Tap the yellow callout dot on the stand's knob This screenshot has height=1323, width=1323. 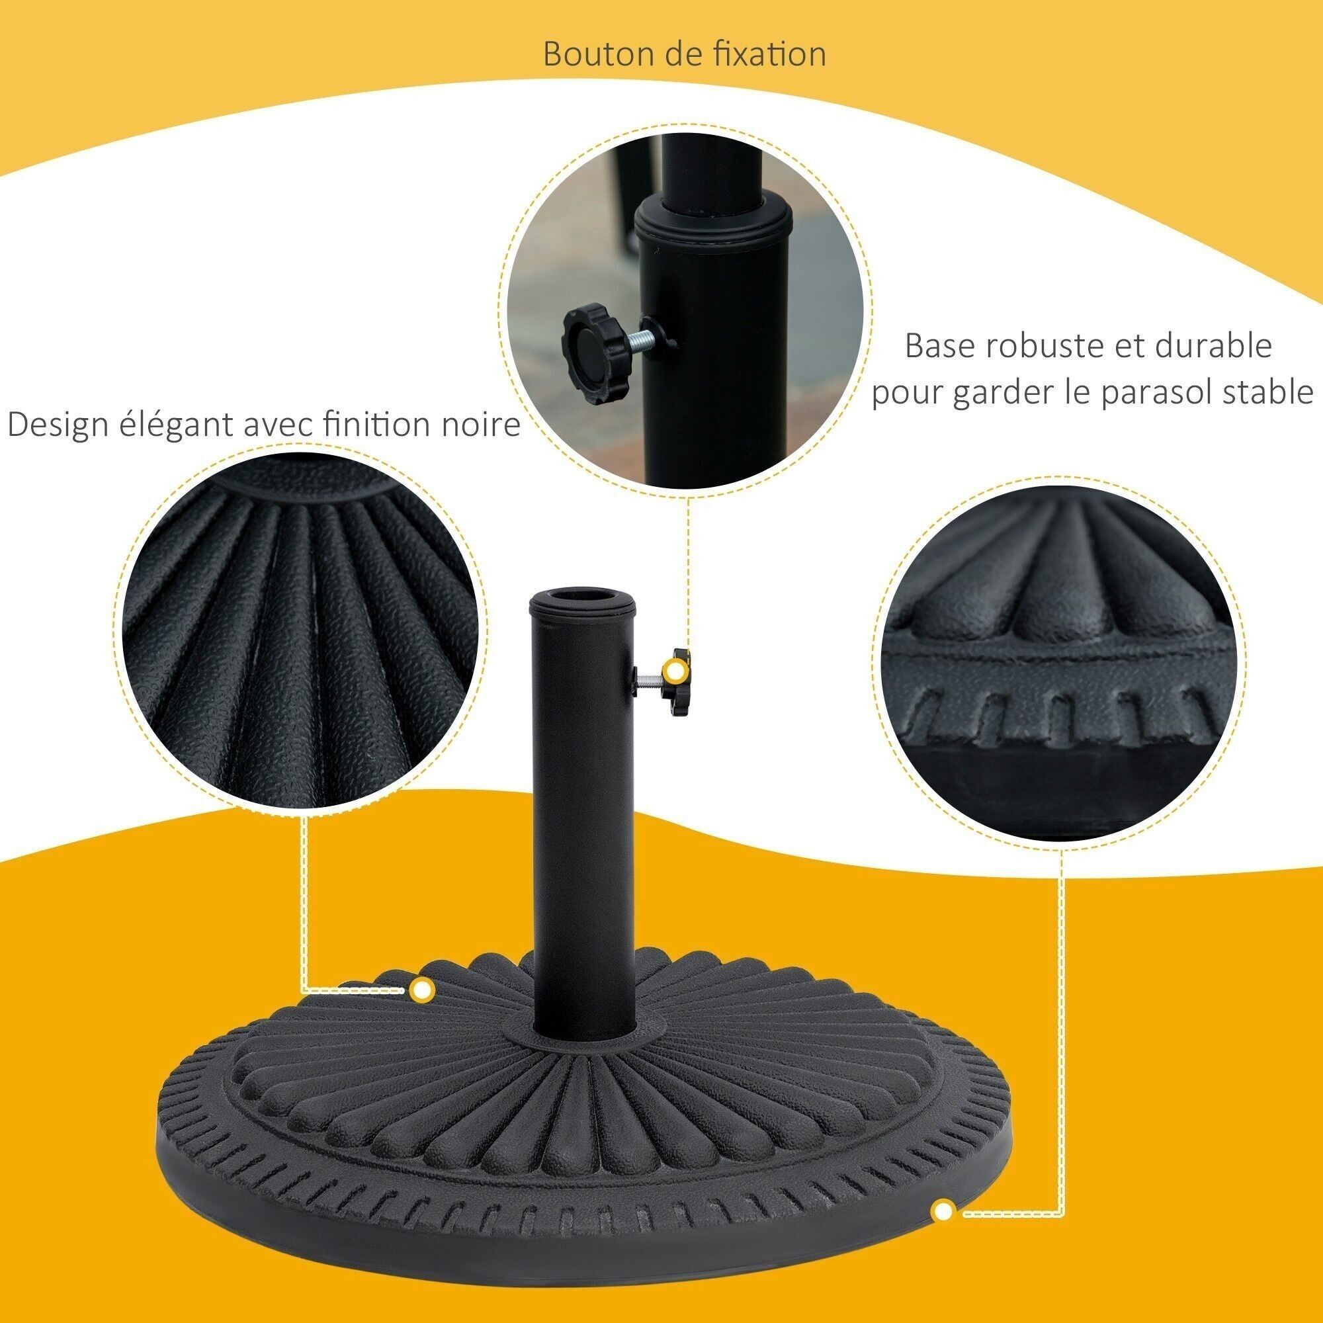677,669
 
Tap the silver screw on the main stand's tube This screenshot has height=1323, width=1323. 649,681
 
